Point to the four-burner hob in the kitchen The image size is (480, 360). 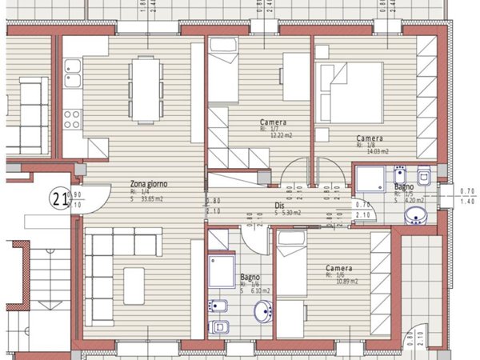point(72,119)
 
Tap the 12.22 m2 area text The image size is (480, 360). point(278,135)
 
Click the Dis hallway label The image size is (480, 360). point(280,205)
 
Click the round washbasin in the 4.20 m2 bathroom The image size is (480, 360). point(416,215)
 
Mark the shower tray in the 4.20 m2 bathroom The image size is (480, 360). point(370,180)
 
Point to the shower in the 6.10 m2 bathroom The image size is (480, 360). point(220,270)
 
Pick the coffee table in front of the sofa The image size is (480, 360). point(134,286)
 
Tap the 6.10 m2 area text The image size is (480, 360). point(259,292)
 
